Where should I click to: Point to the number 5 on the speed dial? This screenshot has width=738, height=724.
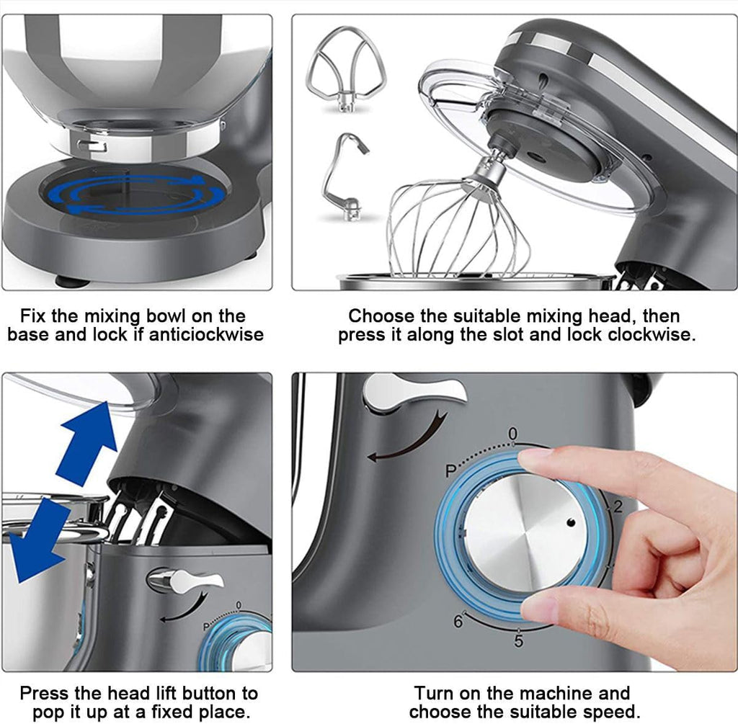click(518, 641)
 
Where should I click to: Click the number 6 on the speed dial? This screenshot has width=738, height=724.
click(458, 622)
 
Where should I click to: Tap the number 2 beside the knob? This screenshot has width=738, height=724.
click(617, 507)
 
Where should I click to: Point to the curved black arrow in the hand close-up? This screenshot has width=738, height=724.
click(404, 439)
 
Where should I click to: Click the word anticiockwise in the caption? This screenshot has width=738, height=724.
click(206, 335)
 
